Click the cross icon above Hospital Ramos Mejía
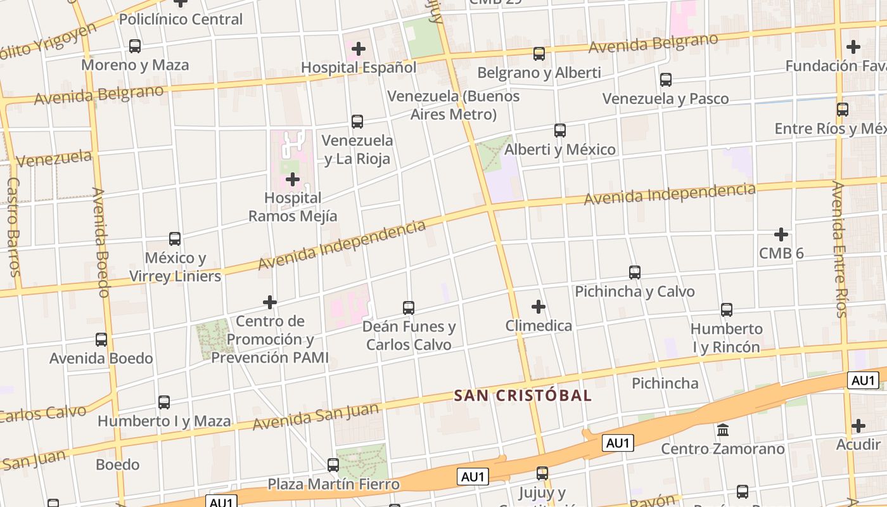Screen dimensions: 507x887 coord(293,180)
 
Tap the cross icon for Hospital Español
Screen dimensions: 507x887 coord(359,49)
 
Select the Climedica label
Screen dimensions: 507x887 coord(539,326)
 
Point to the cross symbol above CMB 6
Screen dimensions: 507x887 coord(781,234)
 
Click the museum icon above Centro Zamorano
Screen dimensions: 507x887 coord(723,430)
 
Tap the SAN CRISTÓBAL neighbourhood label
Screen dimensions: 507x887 coord(523,395)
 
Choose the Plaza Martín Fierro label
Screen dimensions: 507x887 coord(333,485)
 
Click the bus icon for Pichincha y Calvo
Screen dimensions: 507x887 coord(635,273)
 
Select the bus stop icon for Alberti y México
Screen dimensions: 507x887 coord(560,131)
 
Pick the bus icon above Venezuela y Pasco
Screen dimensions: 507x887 coord(665,80)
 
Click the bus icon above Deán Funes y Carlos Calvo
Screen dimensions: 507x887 coord(409,308)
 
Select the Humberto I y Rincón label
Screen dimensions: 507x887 coord(726,338)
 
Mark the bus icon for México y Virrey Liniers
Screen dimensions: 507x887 coord(175,239)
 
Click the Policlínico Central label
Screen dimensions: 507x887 coord(181,20)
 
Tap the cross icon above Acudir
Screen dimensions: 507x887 coord(858,426)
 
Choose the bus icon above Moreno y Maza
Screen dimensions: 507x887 coord(135,46)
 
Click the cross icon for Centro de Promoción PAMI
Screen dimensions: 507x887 coord(270,302)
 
